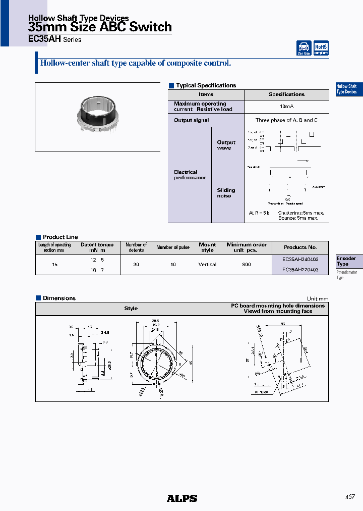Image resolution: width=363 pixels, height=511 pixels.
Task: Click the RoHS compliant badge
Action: [321, 48]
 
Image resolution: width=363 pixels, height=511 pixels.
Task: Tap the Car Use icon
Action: [304, 48]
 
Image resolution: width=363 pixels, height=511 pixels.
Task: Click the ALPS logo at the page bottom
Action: [182, 498]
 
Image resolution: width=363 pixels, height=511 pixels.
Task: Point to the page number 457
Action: [350, 497]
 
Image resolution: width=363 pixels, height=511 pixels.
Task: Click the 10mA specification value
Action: [286, 107]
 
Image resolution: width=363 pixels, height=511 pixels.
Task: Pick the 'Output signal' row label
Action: [191, 120]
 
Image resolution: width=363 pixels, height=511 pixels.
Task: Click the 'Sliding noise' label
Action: [226, 193]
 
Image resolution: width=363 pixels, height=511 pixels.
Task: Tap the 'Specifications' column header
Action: [286, 94]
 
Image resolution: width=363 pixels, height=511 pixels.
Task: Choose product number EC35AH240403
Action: [300, 259]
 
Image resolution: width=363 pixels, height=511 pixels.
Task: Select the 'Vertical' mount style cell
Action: [207, 265]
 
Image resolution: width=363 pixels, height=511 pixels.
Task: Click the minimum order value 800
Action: [246, 265]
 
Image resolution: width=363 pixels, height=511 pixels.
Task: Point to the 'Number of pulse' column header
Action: [173, 247]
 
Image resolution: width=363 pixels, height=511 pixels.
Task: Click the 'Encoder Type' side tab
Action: [346, 261]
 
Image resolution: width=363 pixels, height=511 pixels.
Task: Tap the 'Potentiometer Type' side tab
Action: [346, 275]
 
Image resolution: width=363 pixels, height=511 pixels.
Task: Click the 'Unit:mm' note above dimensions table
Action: [317, 298]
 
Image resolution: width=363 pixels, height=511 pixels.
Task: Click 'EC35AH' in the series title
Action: [44, 39]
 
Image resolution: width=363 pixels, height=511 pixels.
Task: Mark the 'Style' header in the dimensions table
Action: [131, 309]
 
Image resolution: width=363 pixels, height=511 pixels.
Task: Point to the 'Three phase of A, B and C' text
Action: [286, 120]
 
